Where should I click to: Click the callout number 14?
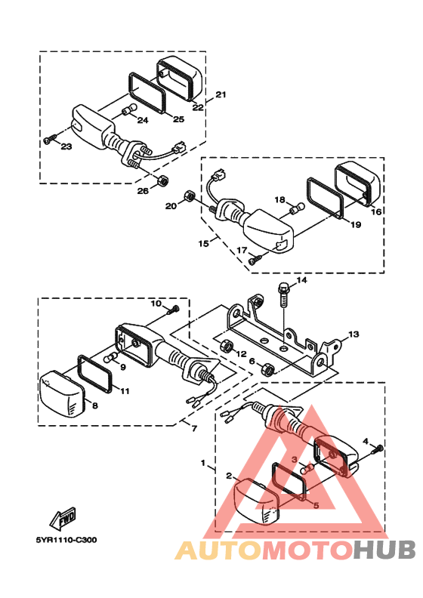pyautogui.click(x=301, y=280)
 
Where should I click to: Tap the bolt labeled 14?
pyautogui.click(x=284, y=294)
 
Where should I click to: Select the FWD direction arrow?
pyautogui.click(x=63, y=519)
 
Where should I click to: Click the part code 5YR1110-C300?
pyautogui.click(x=66, y=540)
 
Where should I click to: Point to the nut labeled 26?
pyautogui.click(x=163, y=180)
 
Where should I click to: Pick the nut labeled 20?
pyautogui.click(x=190, y=196)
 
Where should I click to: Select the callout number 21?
pyautogui.click(x=221, y=94)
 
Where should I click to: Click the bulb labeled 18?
pyautogui.click(x=297, y=208)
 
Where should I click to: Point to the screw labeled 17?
pyautogui.click(x=255, y=260)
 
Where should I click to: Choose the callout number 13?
pyautogui.click(x=354, y=334)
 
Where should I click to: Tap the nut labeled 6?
pyautogui.click(x=267, y=368)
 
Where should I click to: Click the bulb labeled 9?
pyautogui.click(x=111, y=359)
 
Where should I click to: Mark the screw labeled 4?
pyautogui.click(x=377, y=449)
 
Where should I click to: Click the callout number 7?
pyautogui.click(x=195, y=429)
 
